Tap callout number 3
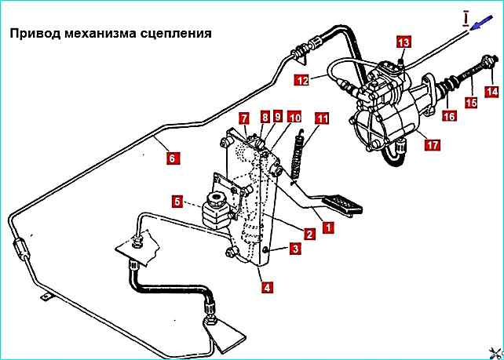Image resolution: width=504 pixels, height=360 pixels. (294, 249)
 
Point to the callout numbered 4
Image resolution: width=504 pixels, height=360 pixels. (268, 287)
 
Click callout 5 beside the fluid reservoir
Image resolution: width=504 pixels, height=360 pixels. (177, 202)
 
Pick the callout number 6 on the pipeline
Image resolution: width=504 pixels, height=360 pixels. (172, 157)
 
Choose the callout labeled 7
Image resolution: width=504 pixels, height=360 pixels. (244, 118)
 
